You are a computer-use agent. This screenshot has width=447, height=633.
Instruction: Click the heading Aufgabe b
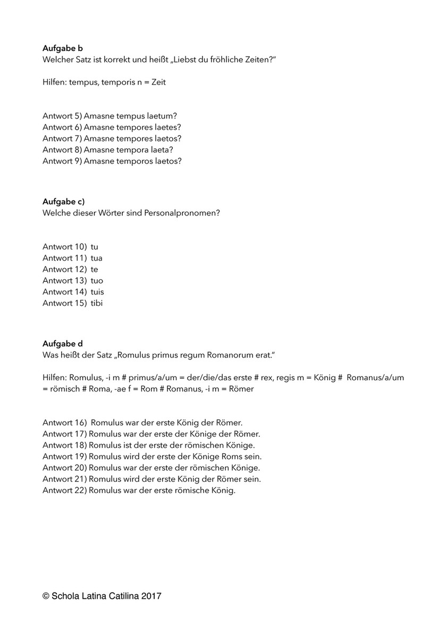click(62, 48)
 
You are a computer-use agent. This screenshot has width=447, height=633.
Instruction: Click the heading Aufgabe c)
click(63, 202)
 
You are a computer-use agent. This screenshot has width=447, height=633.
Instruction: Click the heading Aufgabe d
click(62, 344)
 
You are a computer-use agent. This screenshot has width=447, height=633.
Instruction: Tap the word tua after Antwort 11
click(97, 258)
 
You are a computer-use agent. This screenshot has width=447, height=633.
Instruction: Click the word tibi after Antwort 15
click(97, 303)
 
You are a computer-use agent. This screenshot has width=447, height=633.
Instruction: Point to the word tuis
click(97, 292)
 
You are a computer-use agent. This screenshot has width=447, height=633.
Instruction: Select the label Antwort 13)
click(64, 281)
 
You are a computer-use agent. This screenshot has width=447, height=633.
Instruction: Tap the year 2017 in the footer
click(151, 597)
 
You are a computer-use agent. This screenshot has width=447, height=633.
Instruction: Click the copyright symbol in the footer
click(46, 597)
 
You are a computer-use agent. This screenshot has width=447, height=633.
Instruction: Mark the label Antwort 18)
click(64, 445)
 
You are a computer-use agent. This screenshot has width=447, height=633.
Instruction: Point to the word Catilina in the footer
click(123, 597)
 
